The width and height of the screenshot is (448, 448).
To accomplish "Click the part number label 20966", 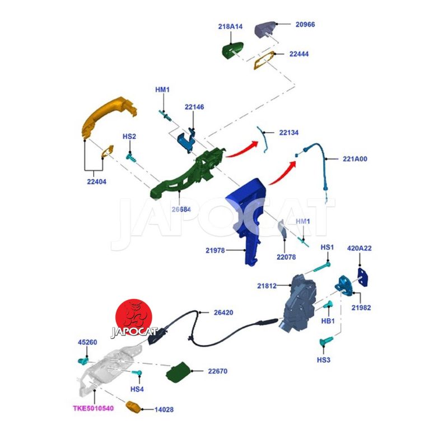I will pos(306,25).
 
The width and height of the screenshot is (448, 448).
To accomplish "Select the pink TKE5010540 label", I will pos(93,408).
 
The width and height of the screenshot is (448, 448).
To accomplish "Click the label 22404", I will pos(96,181).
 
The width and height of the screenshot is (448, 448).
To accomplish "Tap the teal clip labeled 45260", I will pos(86,358).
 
